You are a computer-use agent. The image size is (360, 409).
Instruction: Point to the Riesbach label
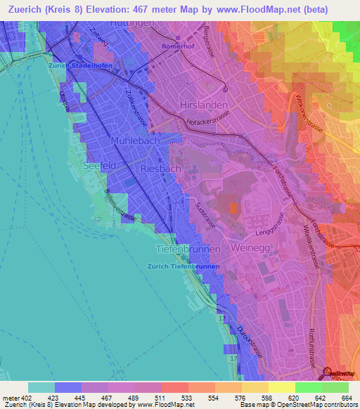(161, 169)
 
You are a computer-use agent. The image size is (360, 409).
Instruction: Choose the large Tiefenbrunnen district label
(187, 249)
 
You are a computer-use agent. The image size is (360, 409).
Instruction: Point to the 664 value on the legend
(347, 398)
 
